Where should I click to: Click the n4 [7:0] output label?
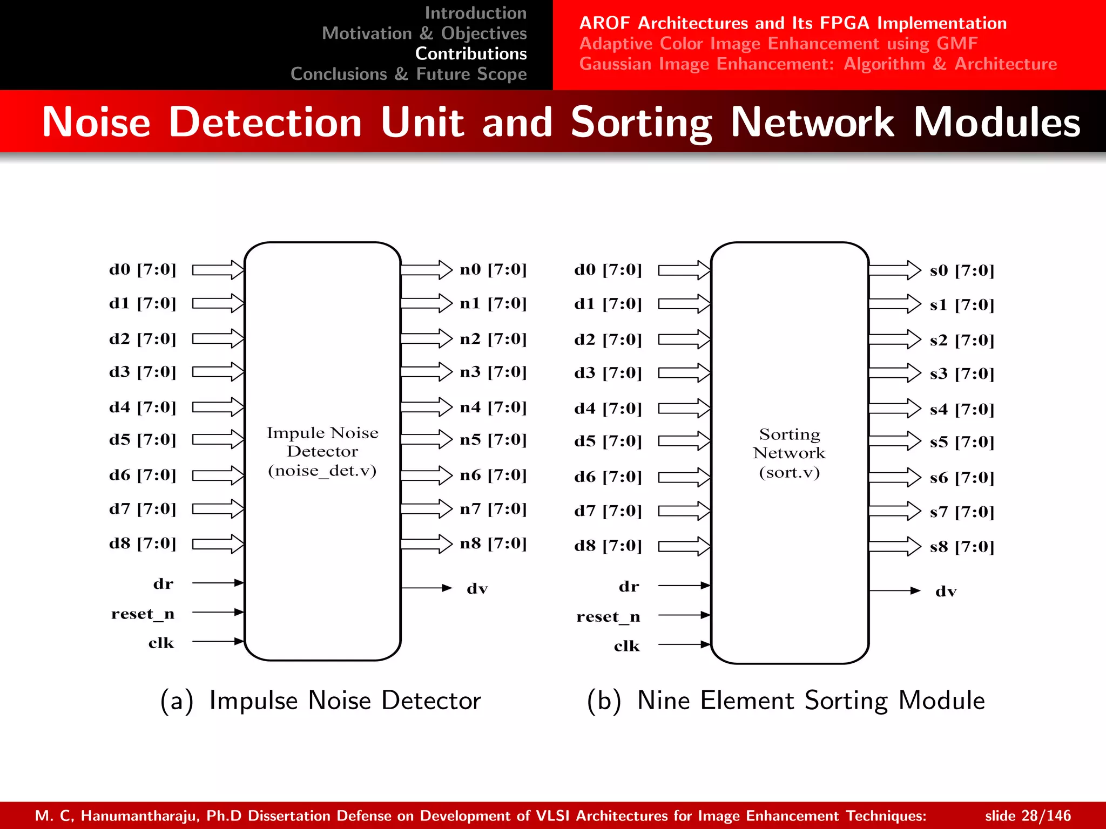coord(493,407)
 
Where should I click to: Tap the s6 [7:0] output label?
coord(961,478)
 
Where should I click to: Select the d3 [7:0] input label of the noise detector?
coord(143,372)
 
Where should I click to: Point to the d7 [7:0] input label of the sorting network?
coord(608,511)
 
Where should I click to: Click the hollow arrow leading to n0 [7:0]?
coord(427,269)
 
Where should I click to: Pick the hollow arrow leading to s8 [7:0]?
coord(894,546)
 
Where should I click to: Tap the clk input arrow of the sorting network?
coord(684,644)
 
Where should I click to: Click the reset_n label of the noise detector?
coord(143,614)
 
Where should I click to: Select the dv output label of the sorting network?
coord(946,592)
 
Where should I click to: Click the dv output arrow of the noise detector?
coord(427,588)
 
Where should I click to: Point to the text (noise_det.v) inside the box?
coord(322,471)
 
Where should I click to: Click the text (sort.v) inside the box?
coord(789,473)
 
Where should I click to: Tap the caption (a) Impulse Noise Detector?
coord(321,701)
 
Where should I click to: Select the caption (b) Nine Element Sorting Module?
coord(786,701)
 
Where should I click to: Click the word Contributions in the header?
coord(470,54)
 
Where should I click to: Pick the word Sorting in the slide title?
coord(641,123)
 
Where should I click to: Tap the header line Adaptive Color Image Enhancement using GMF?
coord(778,43)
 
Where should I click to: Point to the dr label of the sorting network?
coord(629,587)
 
